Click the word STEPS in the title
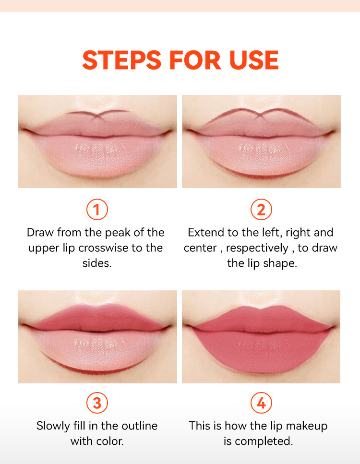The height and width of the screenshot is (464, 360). (x=121, y=60)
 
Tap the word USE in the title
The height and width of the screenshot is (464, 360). (x=254, y=60)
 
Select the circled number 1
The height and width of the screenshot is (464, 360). (x=97, y=210)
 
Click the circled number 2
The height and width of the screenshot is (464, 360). (x=261, y=210)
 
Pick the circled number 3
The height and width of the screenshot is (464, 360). (x=97, y=403)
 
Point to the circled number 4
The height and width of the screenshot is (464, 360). (x=261, y=403)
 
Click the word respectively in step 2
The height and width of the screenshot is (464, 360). (x=257, y=249)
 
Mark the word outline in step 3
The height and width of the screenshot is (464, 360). (x=140, y=426)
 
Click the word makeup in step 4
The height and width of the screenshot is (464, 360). (x=307, y=427)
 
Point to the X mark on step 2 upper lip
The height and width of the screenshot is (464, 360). (x=260, y=115)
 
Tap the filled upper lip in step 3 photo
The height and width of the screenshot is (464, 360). (x=98, y=318)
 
